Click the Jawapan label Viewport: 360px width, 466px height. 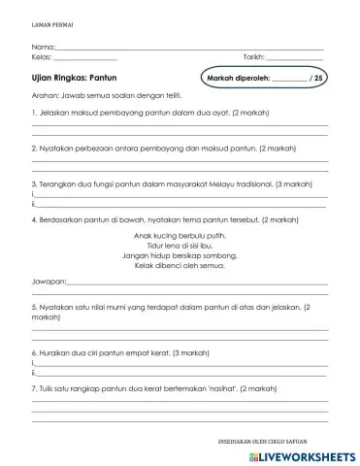tap(49, 283)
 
